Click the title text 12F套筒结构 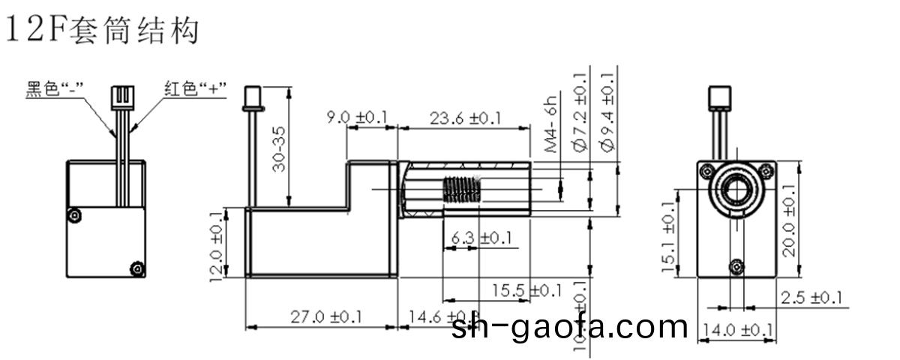coord(103,29)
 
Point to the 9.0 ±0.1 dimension coord(357,118)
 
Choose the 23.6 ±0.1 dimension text coord(465,118)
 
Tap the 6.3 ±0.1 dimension coord(481,238)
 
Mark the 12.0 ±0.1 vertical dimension coord(217,245)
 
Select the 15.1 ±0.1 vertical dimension coord(670,237)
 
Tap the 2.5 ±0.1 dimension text coord(811,298)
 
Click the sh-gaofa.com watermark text coord(570,326)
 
